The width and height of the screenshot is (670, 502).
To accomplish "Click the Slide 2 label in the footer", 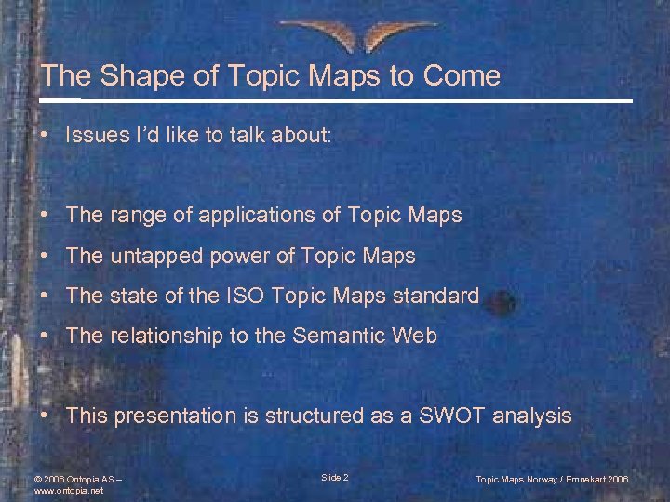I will pyautogui.click(x=335, y=477).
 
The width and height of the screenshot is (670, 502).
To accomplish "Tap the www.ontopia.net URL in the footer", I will pyautogui.click(x=68, y=490).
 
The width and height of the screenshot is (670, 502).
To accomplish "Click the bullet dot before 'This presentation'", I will pyautogui.click(x=46, y=416).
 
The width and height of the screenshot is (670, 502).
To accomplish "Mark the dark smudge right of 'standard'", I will pyautogui.click(x=501, y=300).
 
